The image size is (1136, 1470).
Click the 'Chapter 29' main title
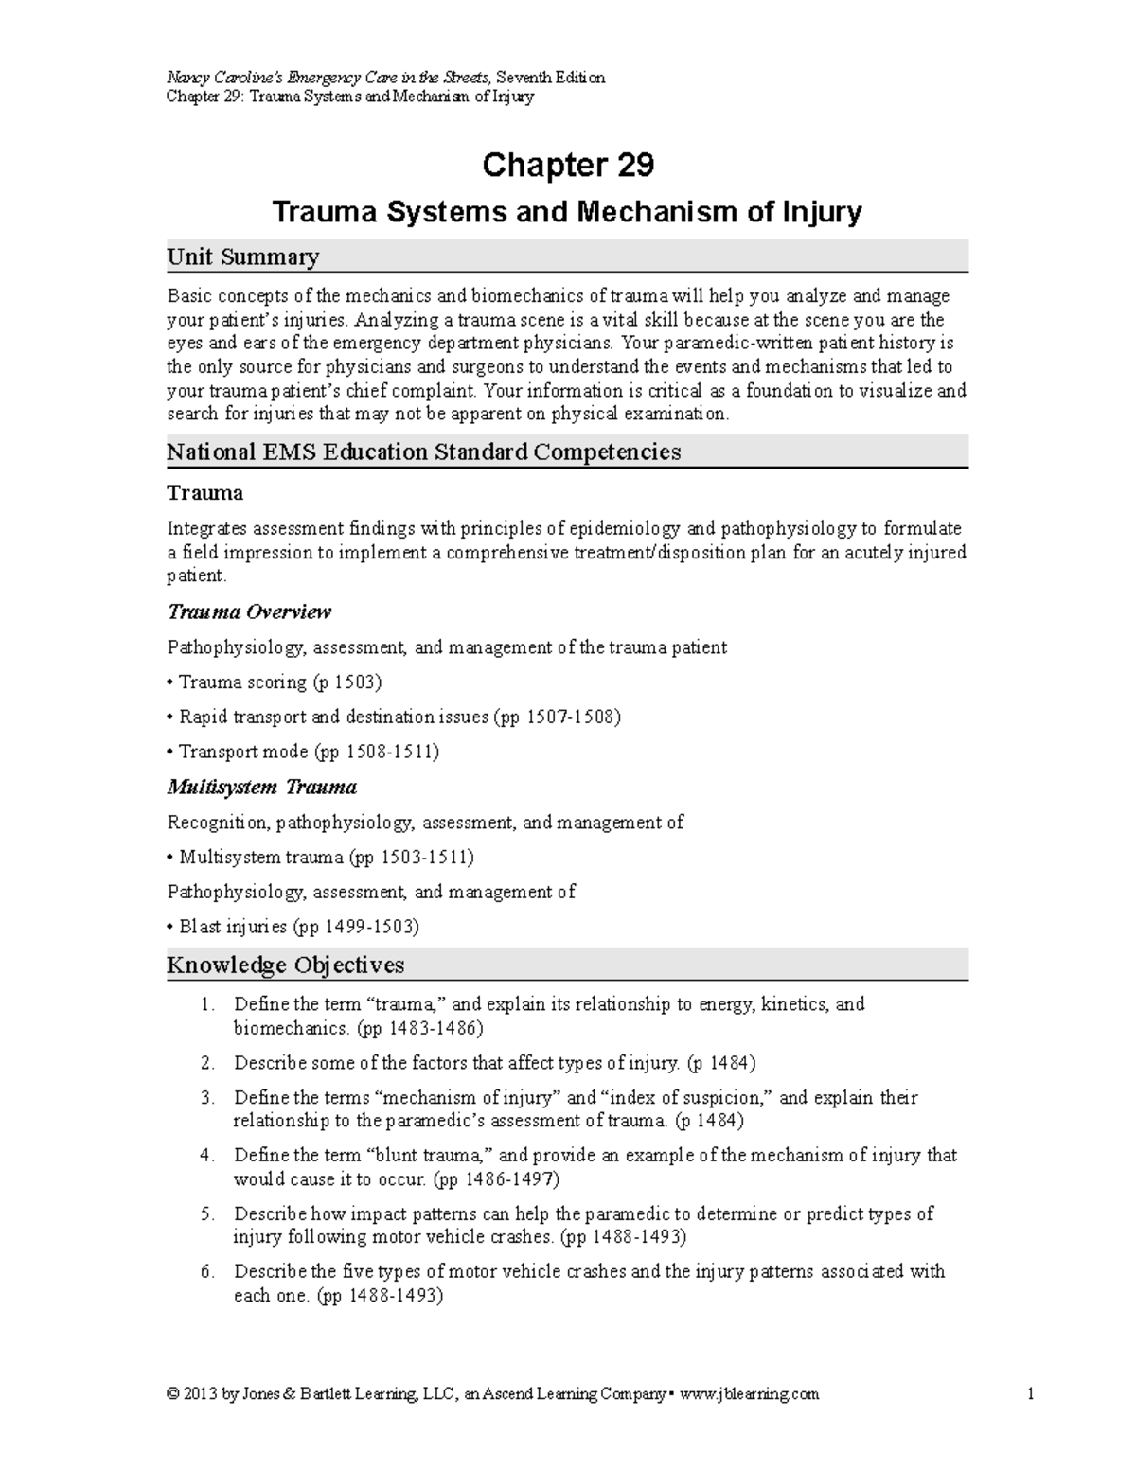tap(567, 166)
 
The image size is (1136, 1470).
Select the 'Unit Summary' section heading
tap(242, 257)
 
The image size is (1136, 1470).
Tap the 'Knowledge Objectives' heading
tap(285, 965)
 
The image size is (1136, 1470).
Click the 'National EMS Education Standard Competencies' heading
tap(423, 452)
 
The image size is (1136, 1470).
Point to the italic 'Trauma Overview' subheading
tap(249, 612)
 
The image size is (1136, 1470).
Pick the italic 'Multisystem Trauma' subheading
tap(261, 787)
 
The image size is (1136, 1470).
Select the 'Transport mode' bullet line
tap(303, 752)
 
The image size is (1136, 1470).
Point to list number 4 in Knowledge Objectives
tap(207, 1156)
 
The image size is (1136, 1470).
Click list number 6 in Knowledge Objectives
tap(207, 1271)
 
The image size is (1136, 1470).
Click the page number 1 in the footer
tap(1029, 1393)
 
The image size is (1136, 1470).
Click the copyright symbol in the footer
tap(172, 1393)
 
